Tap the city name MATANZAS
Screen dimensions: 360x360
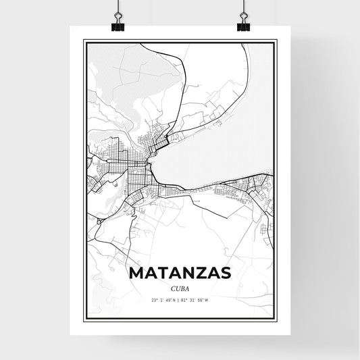179,272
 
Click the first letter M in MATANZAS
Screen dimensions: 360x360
135,272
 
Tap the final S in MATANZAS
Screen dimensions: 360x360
224,272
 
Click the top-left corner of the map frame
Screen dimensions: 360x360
84,41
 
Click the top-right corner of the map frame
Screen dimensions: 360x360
276,41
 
